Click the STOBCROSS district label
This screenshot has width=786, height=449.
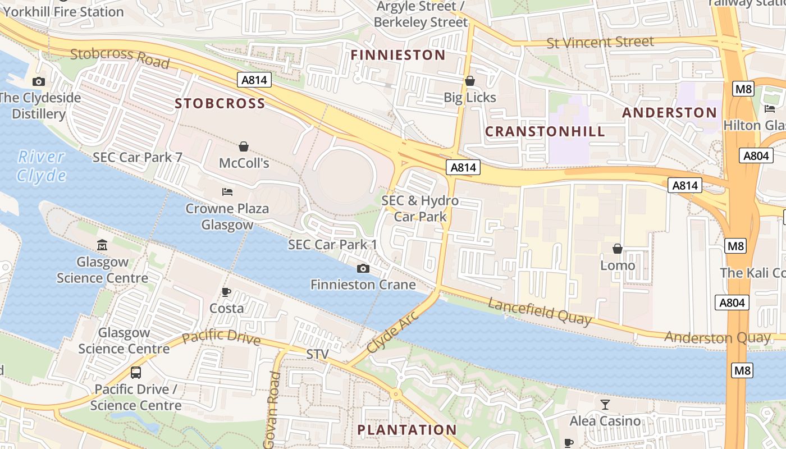click(220, 104)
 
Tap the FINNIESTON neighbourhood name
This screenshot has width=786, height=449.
click(398, 55)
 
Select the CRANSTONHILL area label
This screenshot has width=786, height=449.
click(545, 132)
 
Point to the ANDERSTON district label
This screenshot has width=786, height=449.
click(669, 113)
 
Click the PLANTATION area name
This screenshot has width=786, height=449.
click(407, 430)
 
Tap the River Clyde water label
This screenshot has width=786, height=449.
click(41, 166)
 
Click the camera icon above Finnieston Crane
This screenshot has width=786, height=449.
click(363, 268)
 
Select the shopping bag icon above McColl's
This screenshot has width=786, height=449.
click(244, 146)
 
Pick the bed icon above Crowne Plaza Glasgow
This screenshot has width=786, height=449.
click(227, 193)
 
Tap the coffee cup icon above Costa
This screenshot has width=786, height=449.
click(226, 292)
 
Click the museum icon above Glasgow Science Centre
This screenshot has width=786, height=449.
click(102, 245)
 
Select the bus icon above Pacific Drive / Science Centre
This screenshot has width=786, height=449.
click(135, 372)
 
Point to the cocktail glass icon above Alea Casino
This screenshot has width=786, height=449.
click(605, 404)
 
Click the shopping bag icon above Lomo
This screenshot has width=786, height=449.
click(618, 248)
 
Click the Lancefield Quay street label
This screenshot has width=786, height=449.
click(540, 311)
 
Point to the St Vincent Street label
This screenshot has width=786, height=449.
click(600, 42)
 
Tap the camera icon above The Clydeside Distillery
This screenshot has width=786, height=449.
click(39, 81)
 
